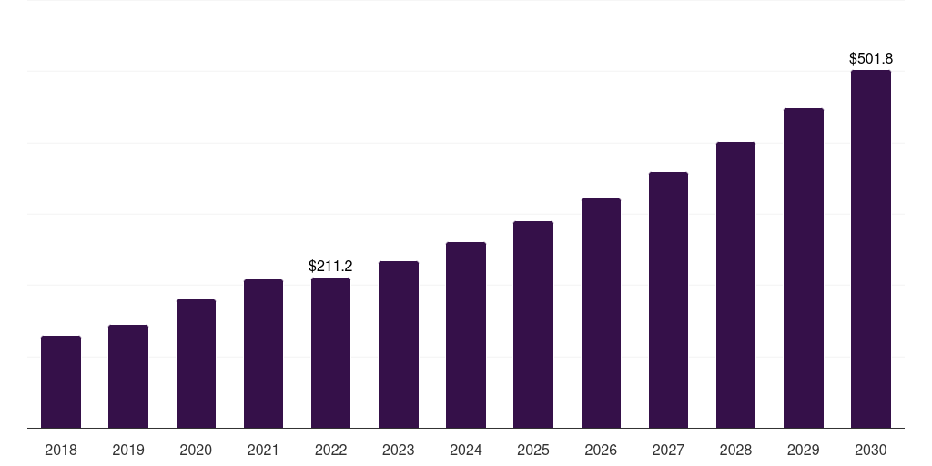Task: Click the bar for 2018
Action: point(61,382)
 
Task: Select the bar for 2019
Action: point(128,377)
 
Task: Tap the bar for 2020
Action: point(196,364)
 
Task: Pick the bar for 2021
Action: point(263,354)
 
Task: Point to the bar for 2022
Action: point(330,353)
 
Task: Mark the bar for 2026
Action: point(601,313)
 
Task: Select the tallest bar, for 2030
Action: point(871,249)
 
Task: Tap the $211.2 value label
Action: point(330,267)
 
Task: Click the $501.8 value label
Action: point(871,59)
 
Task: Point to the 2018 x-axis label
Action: point(61,450)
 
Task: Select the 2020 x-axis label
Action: point(196,450)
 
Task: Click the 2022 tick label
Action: point(330,450)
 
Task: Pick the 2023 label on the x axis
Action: point(399,450)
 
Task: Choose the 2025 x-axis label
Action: point(533,450)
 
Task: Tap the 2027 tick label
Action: point(668,450)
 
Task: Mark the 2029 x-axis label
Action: point(804,450)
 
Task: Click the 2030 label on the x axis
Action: point(871,450)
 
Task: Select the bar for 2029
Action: point(804,268)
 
